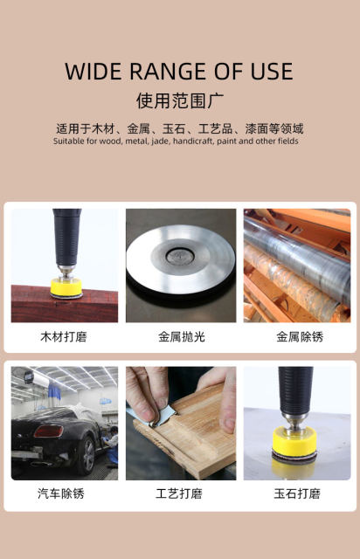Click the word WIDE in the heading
click(x=93, y=72)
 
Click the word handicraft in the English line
click(x=196, y=141)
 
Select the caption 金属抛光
click(x=181, y=336)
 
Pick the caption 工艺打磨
click(x=179, y=493)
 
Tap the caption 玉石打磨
click(x=297, y=493)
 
